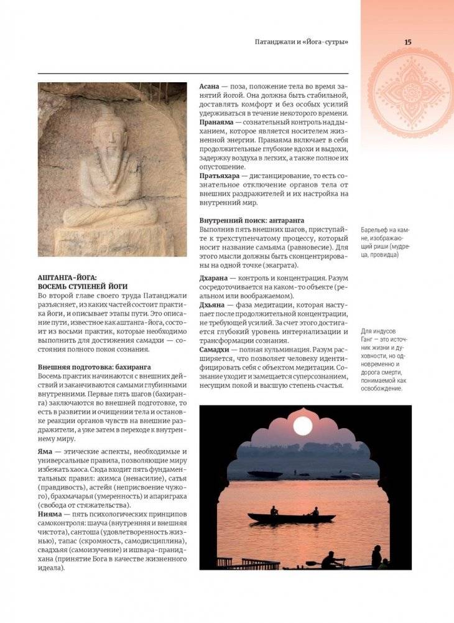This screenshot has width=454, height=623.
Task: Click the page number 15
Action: click(407, 42)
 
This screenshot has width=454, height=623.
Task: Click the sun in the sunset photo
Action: click(302, 426)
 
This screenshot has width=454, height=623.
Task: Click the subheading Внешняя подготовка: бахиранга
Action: click(94, 367)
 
